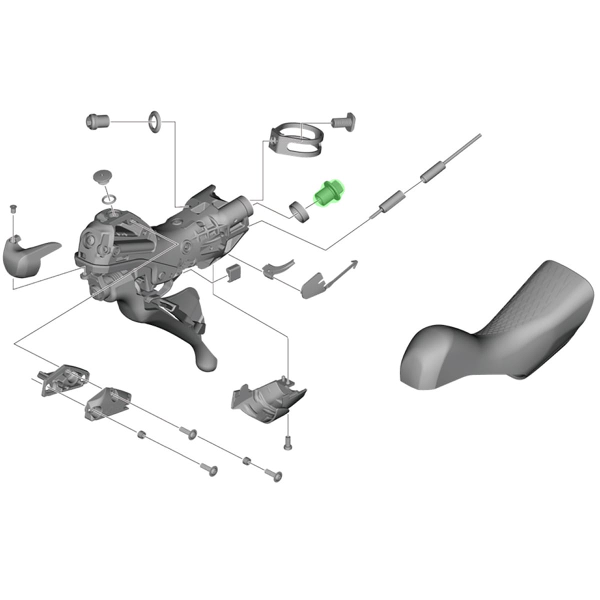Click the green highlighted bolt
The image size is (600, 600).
tap(327, 193)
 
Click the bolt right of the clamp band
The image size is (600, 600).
tap(344, 121)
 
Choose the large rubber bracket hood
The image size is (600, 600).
tap(500, 325)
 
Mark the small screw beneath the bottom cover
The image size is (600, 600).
tap(287, 442)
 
